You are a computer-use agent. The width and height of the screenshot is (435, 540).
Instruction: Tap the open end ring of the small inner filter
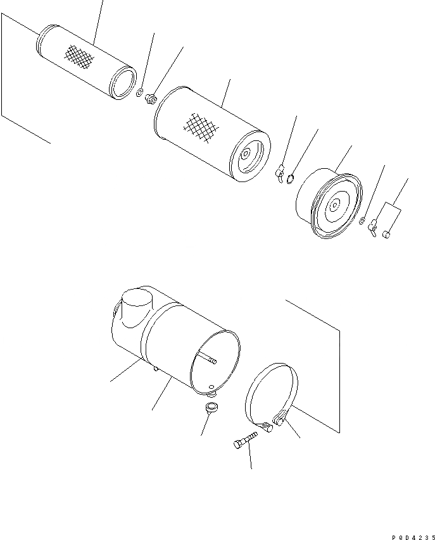tap(124, 84)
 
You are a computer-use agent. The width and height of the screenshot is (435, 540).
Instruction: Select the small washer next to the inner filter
tap(139, 94)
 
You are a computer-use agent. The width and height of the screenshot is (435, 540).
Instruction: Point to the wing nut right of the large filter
tap(280, 175)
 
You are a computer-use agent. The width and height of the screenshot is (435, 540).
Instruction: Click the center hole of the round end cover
tap(333, 204)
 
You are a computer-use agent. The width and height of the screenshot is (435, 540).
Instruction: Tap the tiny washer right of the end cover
tap(361, 221)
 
